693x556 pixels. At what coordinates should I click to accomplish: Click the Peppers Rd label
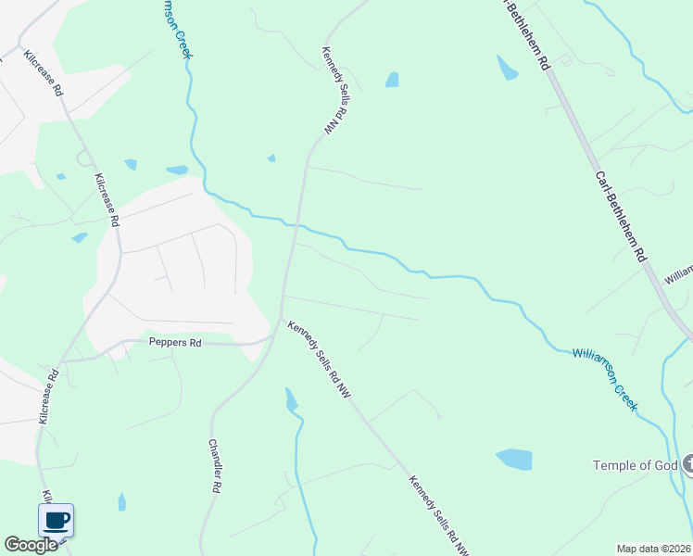[x=175, y=342]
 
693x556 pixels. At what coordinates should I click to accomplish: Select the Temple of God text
[x=634, y=465]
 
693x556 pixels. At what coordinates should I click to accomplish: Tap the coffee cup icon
[x=56, y=520]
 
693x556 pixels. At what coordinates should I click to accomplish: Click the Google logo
[x=31, y=545]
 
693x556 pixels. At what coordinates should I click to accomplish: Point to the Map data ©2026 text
[x=653, y=549]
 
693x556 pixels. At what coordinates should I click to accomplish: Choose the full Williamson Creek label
[x=605, y=379]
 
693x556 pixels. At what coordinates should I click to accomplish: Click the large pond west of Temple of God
[x=514, y=459]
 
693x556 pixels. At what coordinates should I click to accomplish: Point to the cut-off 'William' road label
[x=678, y=275]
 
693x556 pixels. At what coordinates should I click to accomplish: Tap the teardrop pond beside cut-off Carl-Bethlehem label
[x=507, y=68]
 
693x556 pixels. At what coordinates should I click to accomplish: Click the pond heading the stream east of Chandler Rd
[x=291, y=399]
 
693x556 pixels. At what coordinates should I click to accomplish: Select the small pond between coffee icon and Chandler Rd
[x=121, y=501]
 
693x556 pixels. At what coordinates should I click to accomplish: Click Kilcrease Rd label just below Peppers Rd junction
[x=49, y=398]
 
